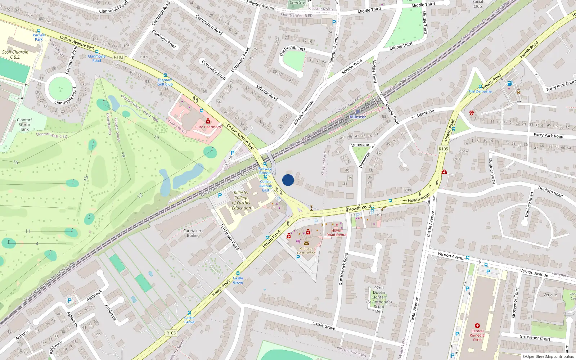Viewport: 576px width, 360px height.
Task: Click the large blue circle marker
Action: (288, 180)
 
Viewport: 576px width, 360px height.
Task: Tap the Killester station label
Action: (357, 117)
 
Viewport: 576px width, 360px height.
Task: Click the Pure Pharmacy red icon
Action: (208, 121)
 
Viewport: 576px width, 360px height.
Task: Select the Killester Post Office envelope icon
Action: (306, 243)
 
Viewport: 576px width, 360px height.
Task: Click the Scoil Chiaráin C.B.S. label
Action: (15, 54)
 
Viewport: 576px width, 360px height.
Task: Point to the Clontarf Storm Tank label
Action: (24, 125)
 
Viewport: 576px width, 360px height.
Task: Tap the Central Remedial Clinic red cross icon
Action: (477, 325)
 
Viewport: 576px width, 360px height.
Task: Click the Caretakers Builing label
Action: (193, 233)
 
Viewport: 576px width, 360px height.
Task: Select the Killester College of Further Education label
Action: (242, 200)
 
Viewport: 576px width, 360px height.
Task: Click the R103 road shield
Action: (118, 57)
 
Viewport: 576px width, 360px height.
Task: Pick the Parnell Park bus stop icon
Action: (39, 31)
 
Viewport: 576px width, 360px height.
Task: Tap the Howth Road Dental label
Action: (337, 233)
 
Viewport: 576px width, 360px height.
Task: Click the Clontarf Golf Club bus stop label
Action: (165, 82)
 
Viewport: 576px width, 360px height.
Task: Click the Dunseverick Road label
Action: (343, 269)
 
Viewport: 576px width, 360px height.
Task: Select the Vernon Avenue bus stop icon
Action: (468, 258)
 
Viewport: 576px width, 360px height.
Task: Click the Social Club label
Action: (478, 4)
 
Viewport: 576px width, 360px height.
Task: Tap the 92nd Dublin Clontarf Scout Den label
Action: (379, 300)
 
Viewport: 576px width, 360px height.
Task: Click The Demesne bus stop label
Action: (480, 91)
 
